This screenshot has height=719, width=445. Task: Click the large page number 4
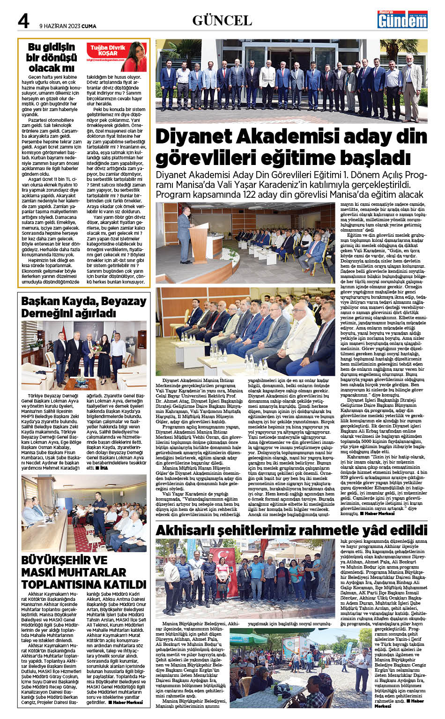[23, 21]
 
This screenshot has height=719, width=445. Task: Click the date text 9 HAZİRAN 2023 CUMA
[68, 26]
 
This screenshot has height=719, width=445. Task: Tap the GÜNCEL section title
[222, 20]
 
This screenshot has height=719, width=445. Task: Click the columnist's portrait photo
[135, 55]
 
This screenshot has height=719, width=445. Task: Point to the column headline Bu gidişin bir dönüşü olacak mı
[52, 57]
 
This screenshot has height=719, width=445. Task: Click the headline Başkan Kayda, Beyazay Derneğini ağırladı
[83, 307]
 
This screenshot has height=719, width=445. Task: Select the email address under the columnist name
[105, 60]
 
